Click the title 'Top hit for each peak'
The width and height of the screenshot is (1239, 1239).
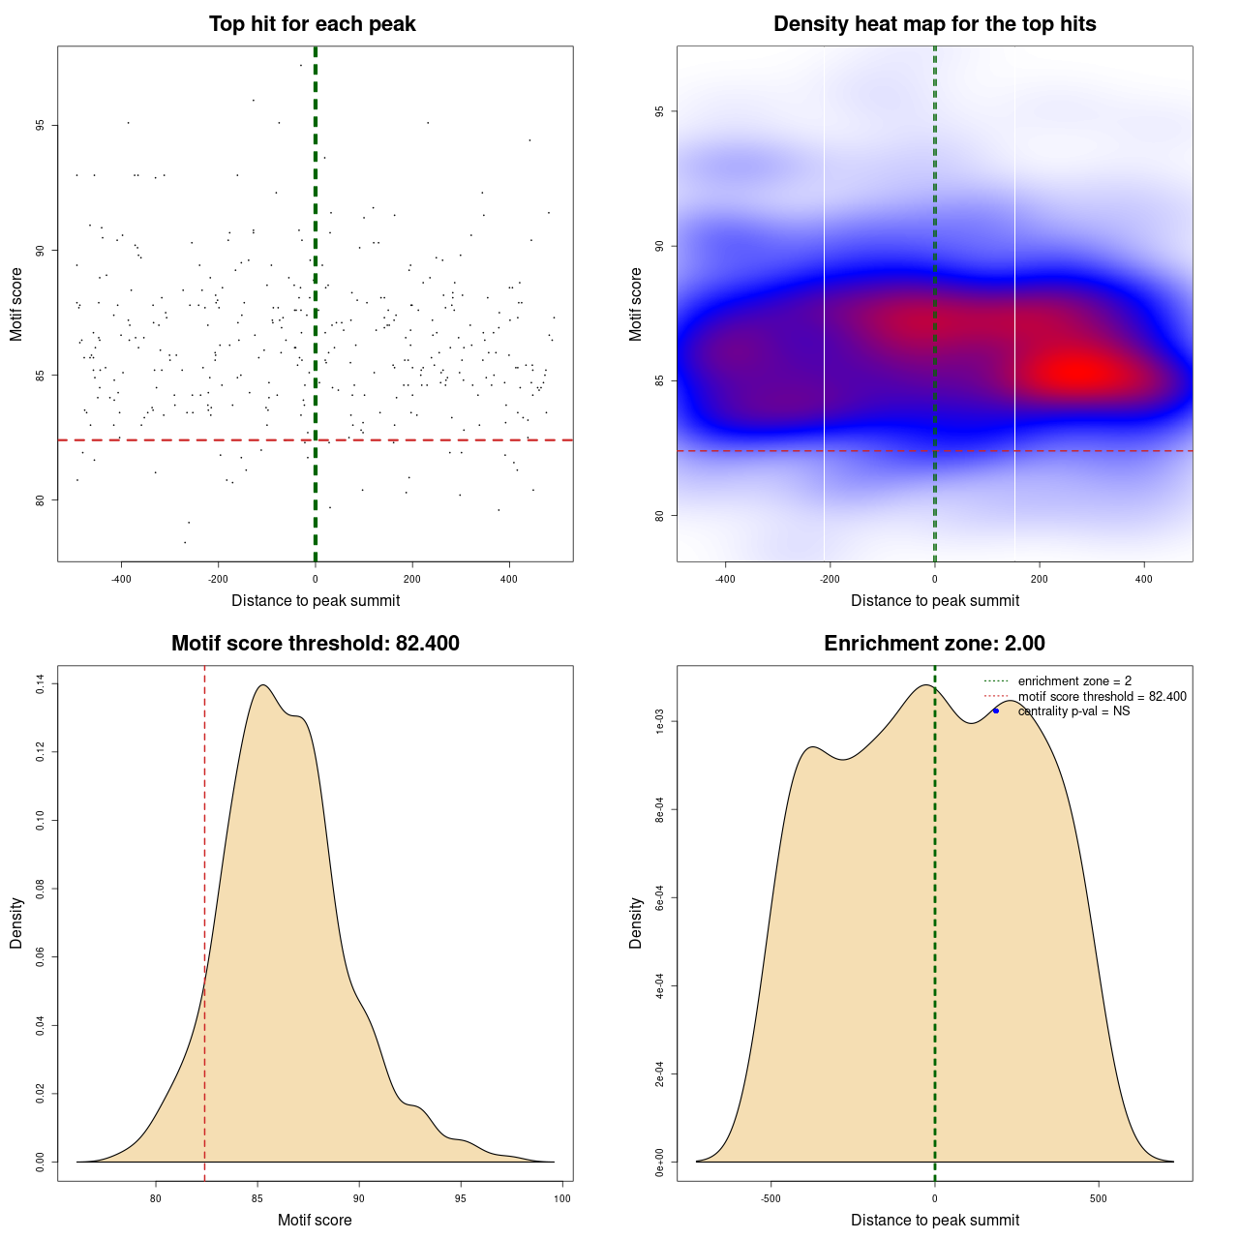click(x=312, y=24)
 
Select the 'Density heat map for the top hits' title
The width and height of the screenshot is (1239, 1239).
click(x=934, y=24)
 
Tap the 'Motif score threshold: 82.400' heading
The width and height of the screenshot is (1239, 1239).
click(x=315, y=644)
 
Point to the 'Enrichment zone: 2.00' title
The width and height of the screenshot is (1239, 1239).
click(x=934, y=644)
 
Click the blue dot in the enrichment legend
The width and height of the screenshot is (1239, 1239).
click(x=995, y=710)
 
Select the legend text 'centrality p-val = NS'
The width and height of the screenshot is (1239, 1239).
click(x=1073, y=711)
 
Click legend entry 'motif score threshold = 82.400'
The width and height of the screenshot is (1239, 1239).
click(x=1102, y=697)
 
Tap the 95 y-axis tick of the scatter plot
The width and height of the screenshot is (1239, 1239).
click(x=41, y=126)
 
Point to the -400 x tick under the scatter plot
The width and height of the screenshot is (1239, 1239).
click(x=121, y=579)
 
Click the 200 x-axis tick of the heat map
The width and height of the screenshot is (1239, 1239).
click(x=1039, y=579)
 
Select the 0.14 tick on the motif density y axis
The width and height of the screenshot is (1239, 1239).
click(x=41, y=684)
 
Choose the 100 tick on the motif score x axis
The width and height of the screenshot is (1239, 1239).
click(x=562, y=1198)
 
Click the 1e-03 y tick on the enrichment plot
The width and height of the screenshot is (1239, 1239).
click(x=660, y=721)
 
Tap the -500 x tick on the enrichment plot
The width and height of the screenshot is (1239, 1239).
click(x=771, y=1198)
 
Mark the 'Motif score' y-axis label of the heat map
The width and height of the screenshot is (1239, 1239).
click(x=636, y=304)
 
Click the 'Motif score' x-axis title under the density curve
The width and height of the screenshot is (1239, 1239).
click(x=315, y=1220)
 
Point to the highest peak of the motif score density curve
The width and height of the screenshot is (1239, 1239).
click(x=262, y=685)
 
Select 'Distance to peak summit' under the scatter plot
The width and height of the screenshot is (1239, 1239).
click(x=316, y=600)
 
